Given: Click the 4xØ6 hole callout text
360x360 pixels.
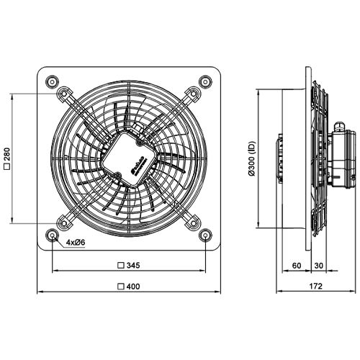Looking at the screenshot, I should (x=76, y=243).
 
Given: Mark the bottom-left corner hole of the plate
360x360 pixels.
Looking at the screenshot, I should (x=53, y=235).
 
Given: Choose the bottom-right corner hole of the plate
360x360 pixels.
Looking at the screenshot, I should (x=207, y=235).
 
